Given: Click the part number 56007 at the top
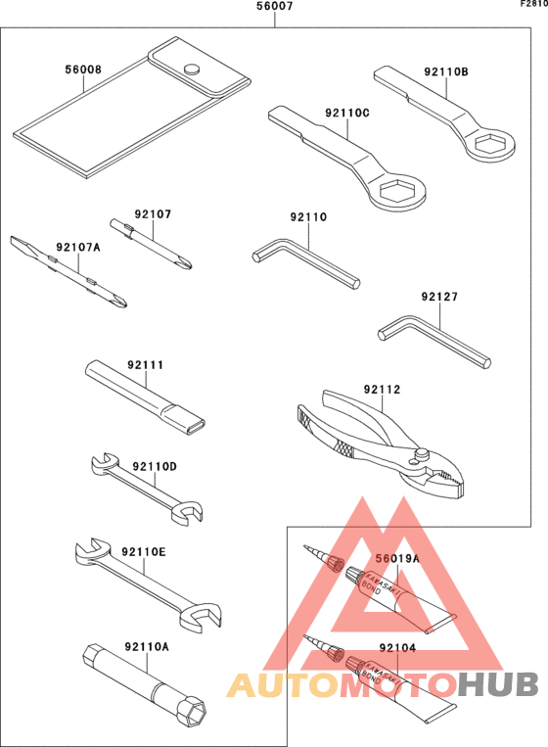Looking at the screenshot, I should tap(275, 7).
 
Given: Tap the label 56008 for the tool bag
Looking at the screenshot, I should tap(83, 70).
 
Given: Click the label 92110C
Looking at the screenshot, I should tap(347, 112).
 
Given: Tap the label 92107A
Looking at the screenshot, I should tap(77, 248).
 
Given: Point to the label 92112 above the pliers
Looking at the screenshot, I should tap(382, 390).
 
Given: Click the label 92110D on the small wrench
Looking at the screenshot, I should tap(155, 467).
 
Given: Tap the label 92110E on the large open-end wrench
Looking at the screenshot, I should tap(144, 552).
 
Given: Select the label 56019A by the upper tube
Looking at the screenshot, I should tap(398, 558).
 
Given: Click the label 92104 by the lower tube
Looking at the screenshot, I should tap(397, 647).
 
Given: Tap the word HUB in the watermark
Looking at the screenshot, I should tap(498, 684).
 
